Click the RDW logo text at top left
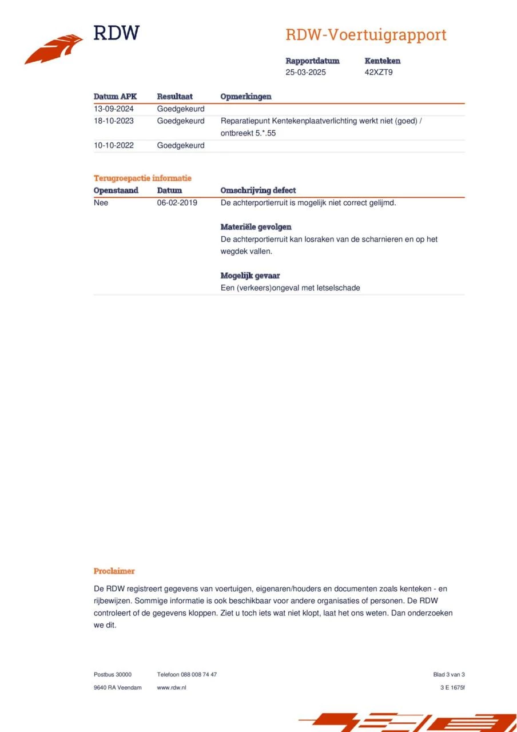[x=116, y=33]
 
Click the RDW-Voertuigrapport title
[x=365, y=35]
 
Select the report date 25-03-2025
[x=305, y=73]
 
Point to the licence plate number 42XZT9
[x=379, y=73]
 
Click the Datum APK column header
[x=115, y=97]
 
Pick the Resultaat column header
[x=174, y=97]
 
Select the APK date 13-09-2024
[x=113, y=109]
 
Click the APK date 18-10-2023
[x=113, y=121]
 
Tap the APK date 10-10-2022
[x=113, y=145]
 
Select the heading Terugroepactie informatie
[x=142, y=178]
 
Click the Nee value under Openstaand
[x=101, y=202]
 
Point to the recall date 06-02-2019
[x=177, y=202]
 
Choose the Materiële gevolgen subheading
[x=256, y=227]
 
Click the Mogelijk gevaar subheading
[x=250, y=276]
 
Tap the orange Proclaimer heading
[x=114, y=571]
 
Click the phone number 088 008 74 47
[x=198, y=674]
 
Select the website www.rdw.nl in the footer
[x=172, y=687]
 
